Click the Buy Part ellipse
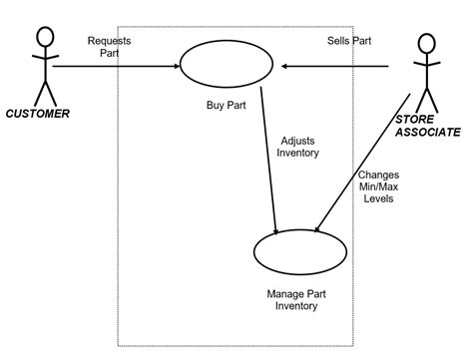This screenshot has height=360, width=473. tap(227, 65)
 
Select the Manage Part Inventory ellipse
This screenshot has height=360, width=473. tap(300, 253)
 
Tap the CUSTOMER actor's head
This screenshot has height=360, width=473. tap(44, 37)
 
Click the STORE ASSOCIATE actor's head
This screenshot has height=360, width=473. tap(426, 44)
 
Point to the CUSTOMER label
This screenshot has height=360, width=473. tap(38, 114)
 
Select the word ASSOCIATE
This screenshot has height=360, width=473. tap(427, 132)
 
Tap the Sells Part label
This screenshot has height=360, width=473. tap(350, 42)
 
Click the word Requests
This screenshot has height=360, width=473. tap(109, 41)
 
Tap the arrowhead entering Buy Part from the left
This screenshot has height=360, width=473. tap(176, 67)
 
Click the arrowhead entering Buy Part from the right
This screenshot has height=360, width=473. tap(284, 67)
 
